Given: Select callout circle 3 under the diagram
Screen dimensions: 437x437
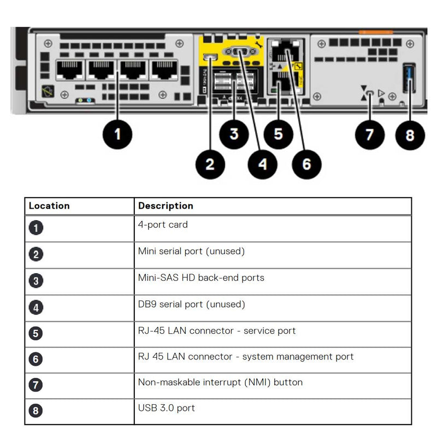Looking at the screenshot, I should tap(234, 133).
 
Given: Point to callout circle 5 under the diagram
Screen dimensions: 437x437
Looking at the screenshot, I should tap(279, 133).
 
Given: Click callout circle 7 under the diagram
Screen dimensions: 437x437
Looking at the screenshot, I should tap(370, 133).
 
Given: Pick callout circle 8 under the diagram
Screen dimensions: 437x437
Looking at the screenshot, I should tap(410, 134).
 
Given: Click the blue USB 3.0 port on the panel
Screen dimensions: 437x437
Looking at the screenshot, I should tap(409, 78).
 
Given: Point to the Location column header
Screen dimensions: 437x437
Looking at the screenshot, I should tap(49, 206).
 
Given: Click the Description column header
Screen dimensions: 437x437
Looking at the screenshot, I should tap(166, 206).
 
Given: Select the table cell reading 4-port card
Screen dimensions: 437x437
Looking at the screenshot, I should tap(163, 225).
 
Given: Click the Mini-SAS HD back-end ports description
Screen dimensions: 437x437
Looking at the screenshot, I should tap(201, 277).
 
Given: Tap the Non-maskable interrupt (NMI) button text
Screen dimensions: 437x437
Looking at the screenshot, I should tap(220, 382).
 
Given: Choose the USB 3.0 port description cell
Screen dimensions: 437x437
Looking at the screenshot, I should tap(166, 408).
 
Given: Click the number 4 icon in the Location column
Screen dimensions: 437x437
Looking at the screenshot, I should tap(36, 308).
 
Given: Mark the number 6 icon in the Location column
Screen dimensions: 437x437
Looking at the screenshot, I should tap(36, 359).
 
